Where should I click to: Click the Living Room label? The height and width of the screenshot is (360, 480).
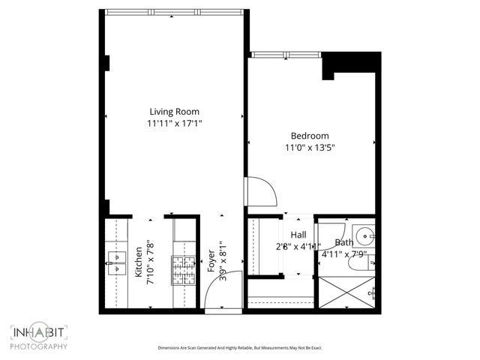pyautogui.click(x=175, y=112)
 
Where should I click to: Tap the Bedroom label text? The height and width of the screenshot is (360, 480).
pyautogui.click(x=310, y=136)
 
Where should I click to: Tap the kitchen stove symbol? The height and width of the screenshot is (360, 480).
pyautogui.click(x=184, y=270)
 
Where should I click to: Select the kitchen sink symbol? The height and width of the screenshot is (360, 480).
pyautogui.click(x=116, y=261)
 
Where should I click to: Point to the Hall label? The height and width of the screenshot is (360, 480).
pyautogui.click(x=298, y=235)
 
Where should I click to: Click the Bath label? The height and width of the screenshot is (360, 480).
pyautogui.click(x=344, y=243)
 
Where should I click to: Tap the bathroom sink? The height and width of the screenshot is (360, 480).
pyautogui.click(x=365, y=235)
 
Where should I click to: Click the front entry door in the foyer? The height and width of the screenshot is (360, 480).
pyautogui.click(x=226, y=289)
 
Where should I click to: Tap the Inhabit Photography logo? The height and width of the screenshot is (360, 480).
pyautogui.click(x=39, y=337)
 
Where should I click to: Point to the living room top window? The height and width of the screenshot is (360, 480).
pyautogui.click(x=175, y=11)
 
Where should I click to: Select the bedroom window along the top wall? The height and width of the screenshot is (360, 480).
pyautogui.click(x=285, y=55)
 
